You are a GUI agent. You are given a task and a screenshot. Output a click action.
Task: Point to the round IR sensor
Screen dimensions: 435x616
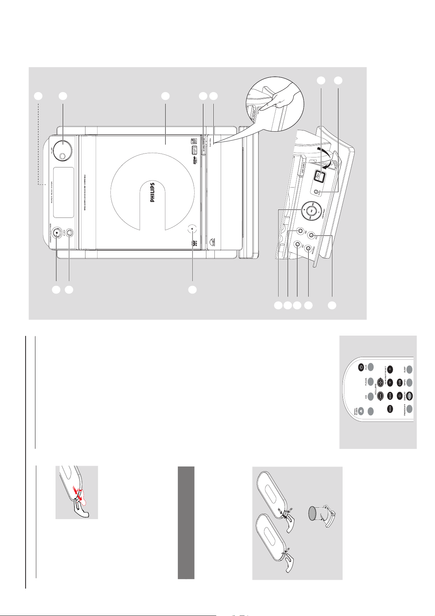(x=192, y=229)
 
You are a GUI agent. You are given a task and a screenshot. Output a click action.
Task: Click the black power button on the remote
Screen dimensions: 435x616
(x=361, y=367)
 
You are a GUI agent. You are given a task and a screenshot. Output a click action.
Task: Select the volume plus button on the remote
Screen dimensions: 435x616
(x=380, y=382)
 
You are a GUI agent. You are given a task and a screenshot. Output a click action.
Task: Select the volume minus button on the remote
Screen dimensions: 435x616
(x=380, y=396)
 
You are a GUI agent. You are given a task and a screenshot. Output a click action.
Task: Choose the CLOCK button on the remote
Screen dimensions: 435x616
(x=410, y=396)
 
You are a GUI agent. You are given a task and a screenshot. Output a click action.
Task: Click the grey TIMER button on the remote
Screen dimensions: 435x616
(x=410, y=382)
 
